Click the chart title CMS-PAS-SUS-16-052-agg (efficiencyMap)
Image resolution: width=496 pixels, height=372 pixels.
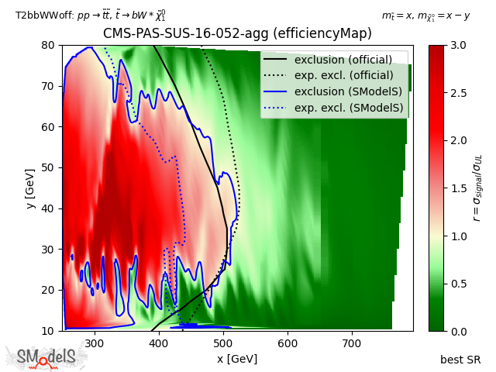click(237, 33)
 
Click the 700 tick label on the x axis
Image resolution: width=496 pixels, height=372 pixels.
click(353, 342)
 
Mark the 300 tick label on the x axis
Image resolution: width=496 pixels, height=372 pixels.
click(95, 342)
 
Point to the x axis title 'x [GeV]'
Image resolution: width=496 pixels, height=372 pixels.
click(237, 359)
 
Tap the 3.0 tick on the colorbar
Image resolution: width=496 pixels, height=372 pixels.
click(445, 45)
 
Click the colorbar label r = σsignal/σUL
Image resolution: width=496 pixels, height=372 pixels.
click(479, 188)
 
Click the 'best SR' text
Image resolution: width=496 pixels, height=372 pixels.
click(460, 359)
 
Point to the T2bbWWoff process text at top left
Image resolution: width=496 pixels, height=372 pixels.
click(90, 15)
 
